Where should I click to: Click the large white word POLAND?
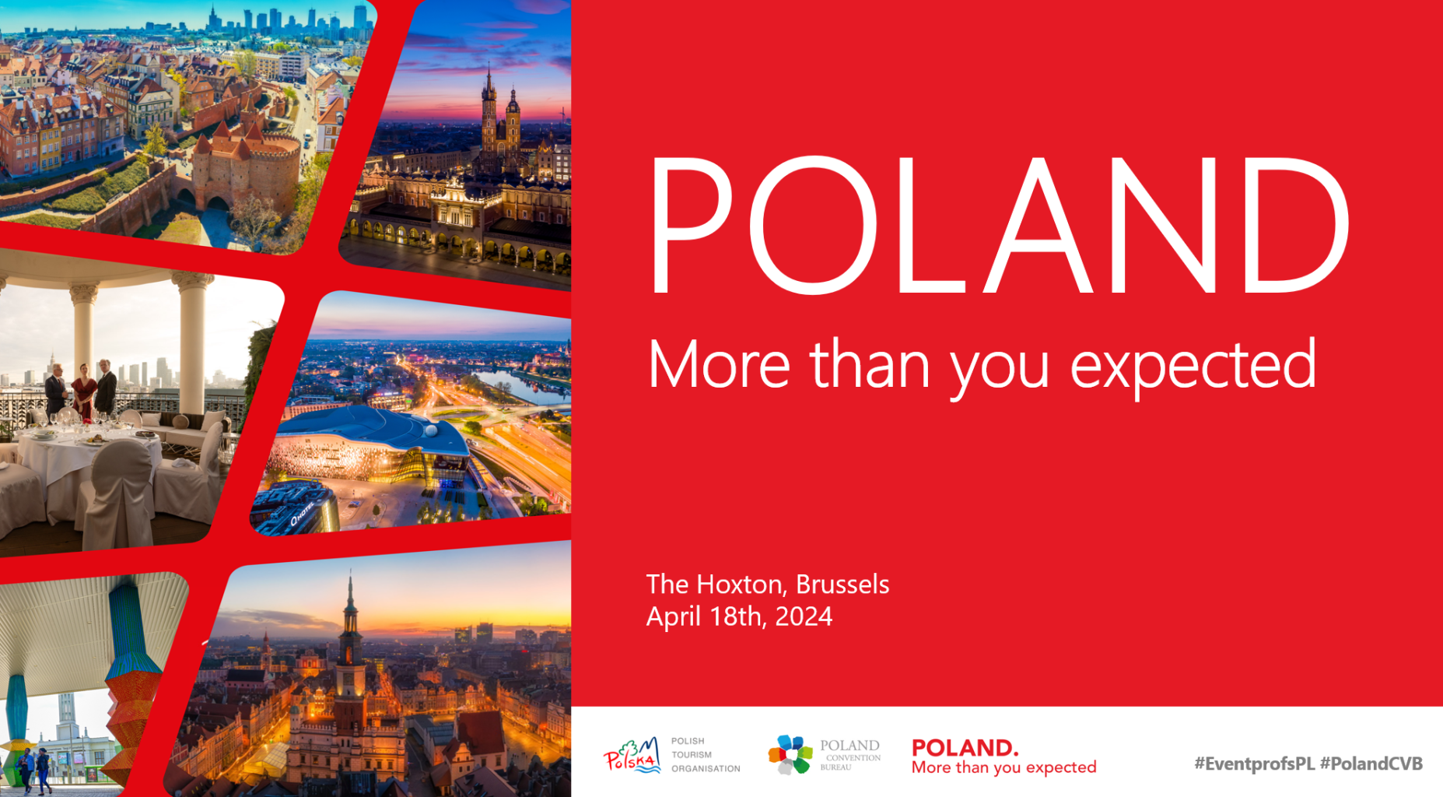click(1000, 226)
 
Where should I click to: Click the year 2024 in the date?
click(804, 616)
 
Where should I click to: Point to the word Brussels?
click(842, 584)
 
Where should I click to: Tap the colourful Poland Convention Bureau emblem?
click(790, 754)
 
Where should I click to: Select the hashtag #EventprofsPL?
click(1254, 764)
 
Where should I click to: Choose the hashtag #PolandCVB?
click(1371, 764)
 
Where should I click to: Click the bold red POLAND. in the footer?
click(965, 748)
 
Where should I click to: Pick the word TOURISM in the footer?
click(692, 754)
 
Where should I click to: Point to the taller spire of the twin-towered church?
click(489, 109)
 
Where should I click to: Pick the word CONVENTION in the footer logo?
click(853, 757)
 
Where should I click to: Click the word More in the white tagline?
click(720, 364)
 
